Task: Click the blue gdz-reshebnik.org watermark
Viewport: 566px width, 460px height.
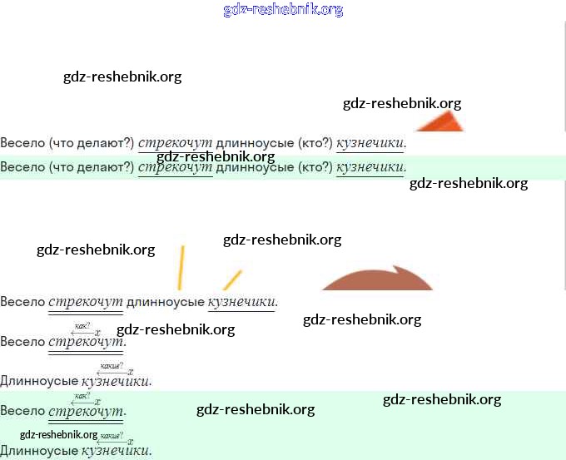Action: point(283,10)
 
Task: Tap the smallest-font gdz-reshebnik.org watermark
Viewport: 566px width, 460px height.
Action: point(58,434)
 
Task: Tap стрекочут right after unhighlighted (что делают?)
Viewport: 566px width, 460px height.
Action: point(176,143)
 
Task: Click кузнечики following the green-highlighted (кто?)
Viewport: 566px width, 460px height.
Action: point(370,167)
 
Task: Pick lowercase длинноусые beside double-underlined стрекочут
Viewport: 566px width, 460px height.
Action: point(165,301)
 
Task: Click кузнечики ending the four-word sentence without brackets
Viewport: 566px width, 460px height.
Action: point(241,301)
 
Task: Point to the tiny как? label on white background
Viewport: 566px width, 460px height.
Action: point(82,325)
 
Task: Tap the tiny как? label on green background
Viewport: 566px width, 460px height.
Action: point(82,395)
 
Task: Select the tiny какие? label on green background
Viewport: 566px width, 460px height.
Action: point(112,435)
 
